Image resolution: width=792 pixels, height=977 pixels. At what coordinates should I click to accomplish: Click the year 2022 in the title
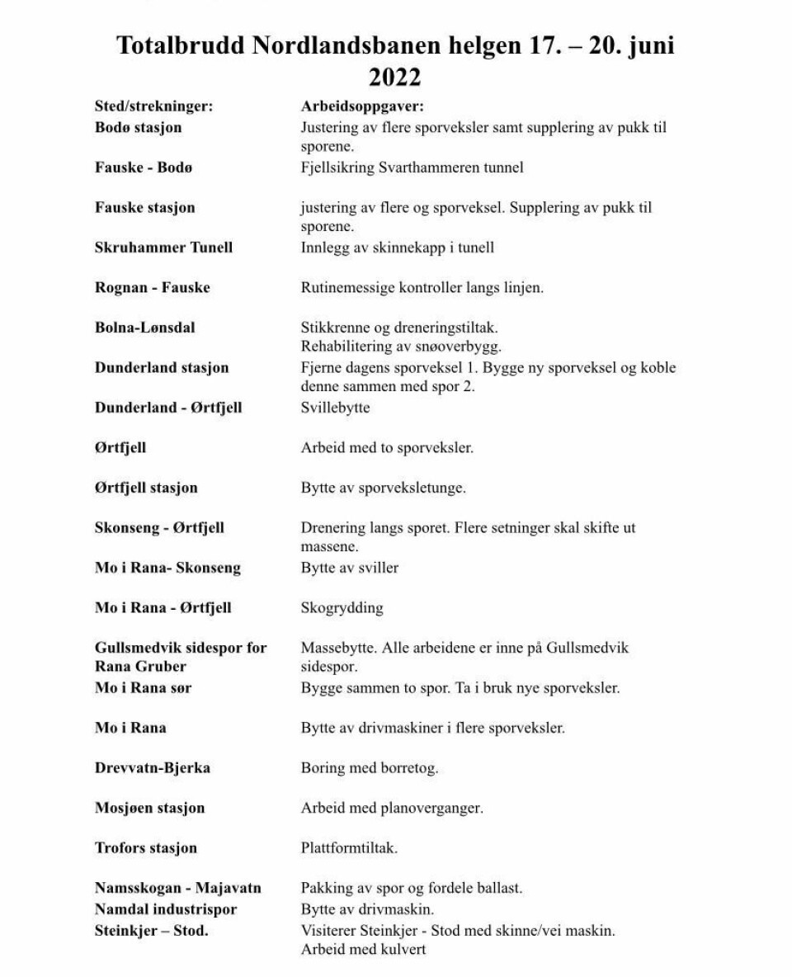394,77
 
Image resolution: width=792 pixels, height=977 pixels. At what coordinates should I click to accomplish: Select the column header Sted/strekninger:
154,106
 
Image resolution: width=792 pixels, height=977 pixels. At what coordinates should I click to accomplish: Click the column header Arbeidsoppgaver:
362,106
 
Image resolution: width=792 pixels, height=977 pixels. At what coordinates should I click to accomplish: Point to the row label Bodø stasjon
138,128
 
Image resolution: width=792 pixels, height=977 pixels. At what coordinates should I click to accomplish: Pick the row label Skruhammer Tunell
163,248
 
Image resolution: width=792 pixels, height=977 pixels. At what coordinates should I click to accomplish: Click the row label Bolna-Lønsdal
145,328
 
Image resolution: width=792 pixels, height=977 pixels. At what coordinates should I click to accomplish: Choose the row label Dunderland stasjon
162,367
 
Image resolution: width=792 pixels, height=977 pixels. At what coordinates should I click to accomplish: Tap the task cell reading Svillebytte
335,408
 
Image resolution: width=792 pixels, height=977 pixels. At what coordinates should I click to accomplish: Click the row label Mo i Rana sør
144,687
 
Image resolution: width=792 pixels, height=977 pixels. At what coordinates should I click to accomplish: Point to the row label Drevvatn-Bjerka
153,768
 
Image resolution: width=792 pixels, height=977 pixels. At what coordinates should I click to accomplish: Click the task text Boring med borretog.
369,768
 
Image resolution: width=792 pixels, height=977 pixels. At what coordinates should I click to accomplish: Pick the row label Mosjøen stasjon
149,808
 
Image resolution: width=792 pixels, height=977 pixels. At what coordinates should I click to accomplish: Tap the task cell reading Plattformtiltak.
349,848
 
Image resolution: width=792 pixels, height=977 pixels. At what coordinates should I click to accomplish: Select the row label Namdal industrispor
166,909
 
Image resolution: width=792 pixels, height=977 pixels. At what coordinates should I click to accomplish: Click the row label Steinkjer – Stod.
151,931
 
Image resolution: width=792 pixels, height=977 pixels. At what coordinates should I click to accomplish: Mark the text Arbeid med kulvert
363,950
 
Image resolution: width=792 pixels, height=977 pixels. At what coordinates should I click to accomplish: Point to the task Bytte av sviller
350,569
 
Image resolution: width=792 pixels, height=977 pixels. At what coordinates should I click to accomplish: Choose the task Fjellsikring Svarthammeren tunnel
412,168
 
